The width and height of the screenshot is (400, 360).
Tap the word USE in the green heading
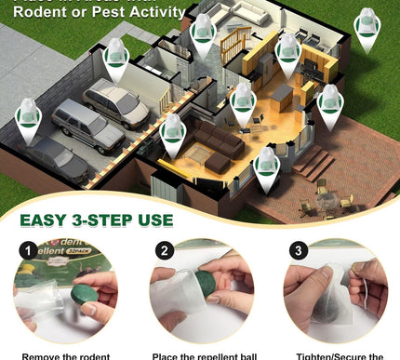153,220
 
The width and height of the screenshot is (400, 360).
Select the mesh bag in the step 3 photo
331,308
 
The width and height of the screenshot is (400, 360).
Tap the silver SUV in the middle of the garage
87,125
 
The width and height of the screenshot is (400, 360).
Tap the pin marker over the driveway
28,120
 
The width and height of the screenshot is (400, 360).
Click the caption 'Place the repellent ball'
200,354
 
